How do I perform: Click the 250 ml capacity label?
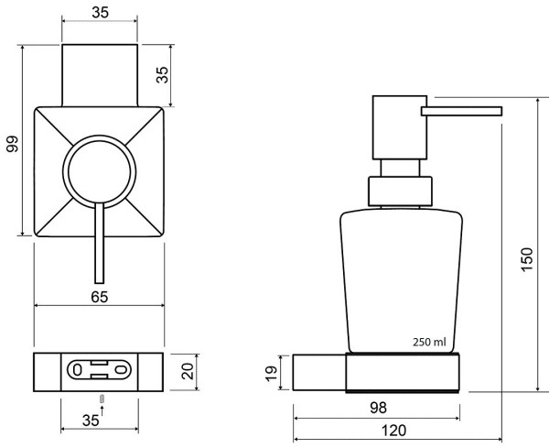429,342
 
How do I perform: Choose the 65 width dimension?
101,296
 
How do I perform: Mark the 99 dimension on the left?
13,145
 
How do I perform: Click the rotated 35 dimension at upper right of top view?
163,75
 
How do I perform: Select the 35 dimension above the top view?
101,13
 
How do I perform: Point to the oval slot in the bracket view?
100,371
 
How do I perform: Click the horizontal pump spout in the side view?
461,112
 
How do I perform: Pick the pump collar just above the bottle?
398,191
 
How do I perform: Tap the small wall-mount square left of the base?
307,372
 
